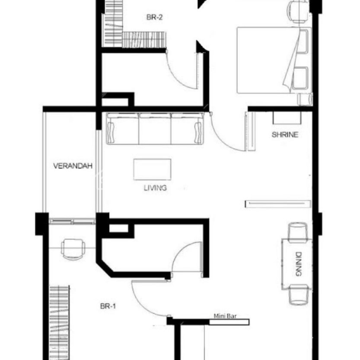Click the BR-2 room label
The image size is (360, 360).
154,17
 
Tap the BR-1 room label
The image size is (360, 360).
108,306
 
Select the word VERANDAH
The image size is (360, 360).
73,166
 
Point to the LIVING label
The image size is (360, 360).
155,188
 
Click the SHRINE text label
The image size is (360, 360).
285,134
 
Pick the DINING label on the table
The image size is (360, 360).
298,264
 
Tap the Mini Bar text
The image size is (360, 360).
225,316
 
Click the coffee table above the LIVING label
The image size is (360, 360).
152,169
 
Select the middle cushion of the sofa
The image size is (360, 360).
155,129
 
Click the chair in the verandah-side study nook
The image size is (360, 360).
73,249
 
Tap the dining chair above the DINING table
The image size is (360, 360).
297,233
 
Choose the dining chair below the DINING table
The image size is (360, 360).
299,295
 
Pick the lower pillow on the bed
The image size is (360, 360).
300,79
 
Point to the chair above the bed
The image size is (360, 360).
297,12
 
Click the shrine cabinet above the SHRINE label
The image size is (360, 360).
287,118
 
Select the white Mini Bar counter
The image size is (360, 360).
229,322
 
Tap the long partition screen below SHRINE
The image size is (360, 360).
278,204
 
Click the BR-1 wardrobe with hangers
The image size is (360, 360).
59,322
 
